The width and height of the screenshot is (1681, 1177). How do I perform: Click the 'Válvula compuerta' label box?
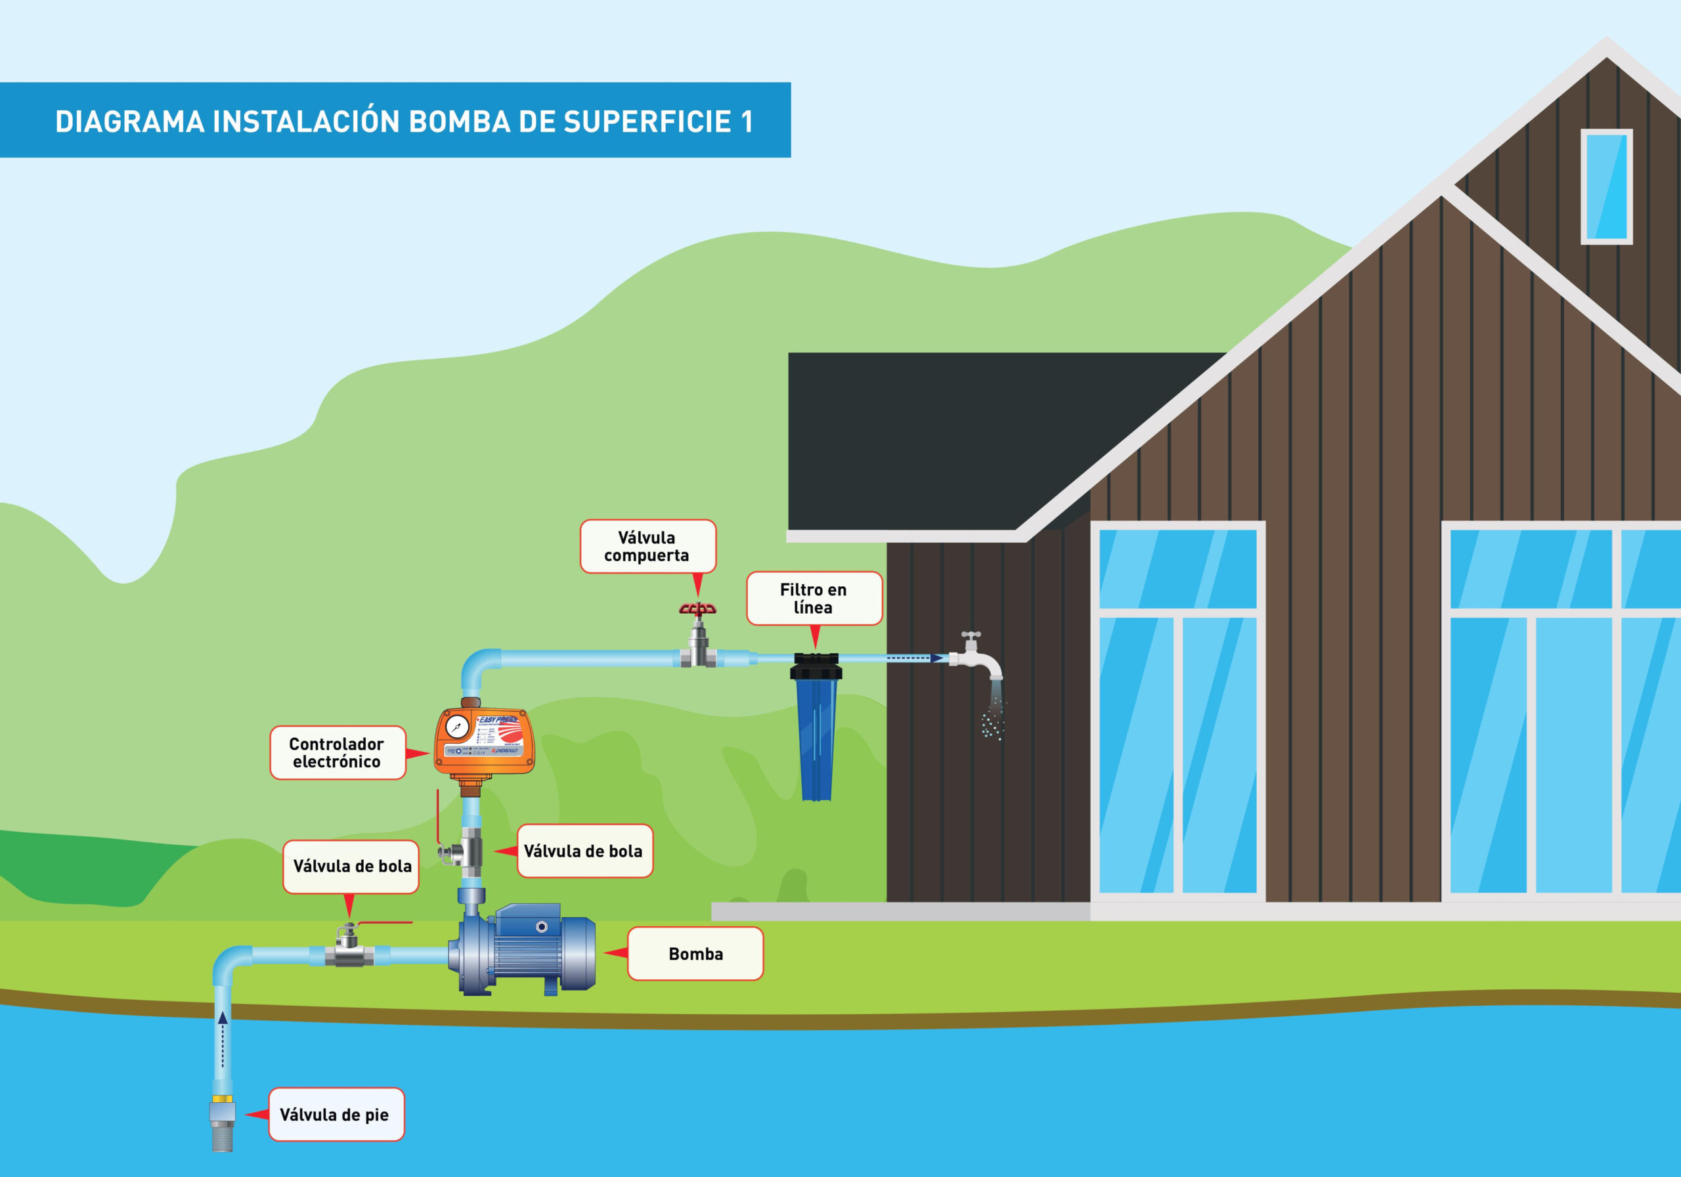click(647, 546)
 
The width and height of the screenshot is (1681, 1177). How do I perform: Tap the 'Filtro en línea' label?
click(814, 598)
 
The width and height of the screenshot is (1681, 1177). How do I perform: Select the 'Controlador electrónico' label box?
click(337, 752)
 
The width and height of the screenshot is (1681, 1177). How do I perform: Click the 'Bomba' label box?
click(695, 954)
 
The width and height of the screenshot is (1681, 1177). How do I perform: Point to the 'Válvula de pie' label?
click(336, 1114)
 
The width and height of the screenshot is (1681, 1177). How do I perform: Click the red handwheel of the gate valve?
click(697, 609)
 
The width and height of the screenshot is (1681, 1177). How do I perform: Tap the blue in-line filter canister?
click(816, 739)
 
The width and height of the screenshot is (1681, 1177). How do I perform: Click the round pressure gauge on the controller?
click(458, 727)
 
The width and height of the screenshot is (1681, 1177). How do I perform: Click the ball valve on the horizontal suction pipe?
click(350, 952)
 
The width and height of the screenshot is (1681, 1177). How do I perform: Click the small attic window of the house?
click(1605, 186)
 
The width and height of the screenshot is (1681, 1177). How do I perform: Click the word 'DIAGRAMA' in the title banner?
click(129, 121)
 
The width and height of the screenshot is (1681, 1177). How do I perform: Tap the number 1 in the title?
click(746, 121)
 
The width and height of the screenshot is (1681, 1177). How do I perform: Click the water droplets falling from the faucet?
click(993, 721)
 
